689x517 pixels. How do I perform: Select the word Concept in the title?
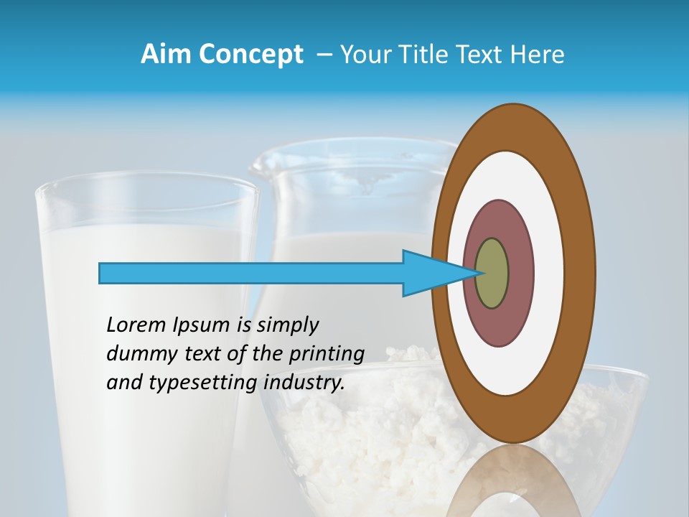tap(251, 55)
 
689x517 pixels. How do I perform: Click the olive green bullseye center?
tap(492, 273)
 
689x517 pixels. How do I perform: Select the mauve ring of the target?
tap(520, 273)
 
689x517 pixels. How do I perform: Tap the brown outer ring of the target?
tap(581, 273)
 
